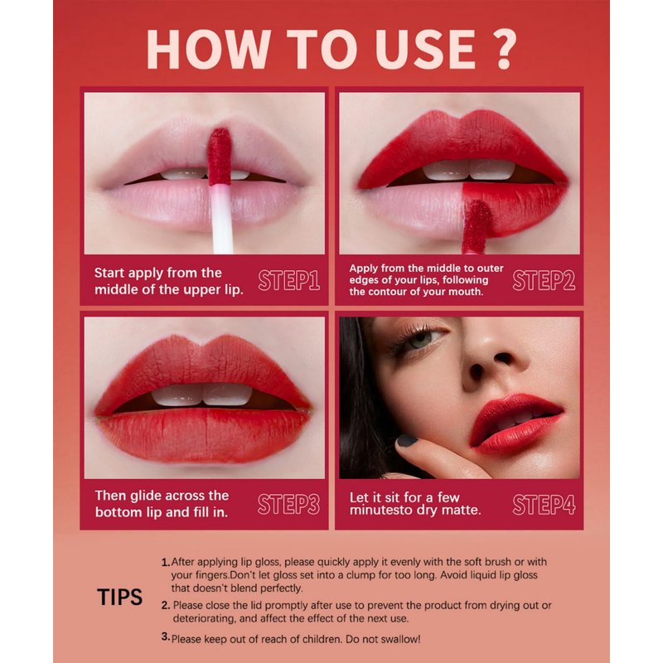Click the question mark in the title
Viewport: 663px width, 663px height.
coord(501,49)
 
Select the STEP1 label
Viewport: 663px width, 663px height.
coord(288,280)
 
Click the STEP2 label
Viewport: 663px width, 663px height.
coord(544,280)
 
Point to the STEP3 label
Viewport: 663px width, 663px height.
coord(288,504)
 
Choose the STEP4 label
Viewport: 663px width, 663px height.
coord(544,504)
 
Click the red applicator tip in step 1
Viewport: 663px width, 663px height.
coord(220,157)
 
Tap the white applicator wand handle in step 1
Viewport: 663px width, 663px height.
coord(221,220)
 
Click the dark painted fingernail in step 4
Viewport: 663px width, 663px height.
coord(408,441)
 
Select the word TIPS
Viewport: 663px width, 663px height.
coord(119,597)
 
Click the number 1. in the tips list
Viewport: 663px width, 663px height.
coord(166,563)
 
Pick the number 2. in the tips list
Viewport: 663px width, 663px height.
coord(166,606)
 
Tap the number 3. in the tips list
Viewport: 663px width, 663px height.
coord(166,636)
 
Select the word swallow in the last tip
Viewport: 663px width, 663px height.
coord(399,639)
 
